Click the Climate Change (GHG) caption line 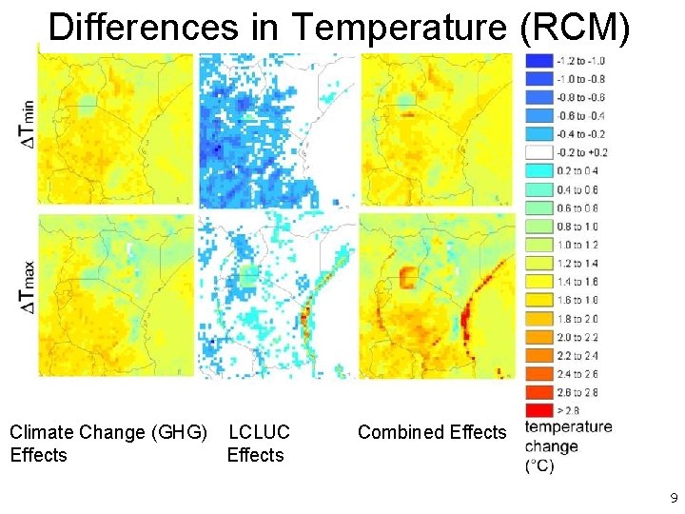click(x=108, y=432)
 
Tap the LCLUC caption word click(x=259, y=432)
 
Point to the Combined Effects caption click(x=432, y=432)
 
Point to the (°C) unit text click(x=539, y=465)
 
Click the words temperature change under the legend click(x=567, y=436)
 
